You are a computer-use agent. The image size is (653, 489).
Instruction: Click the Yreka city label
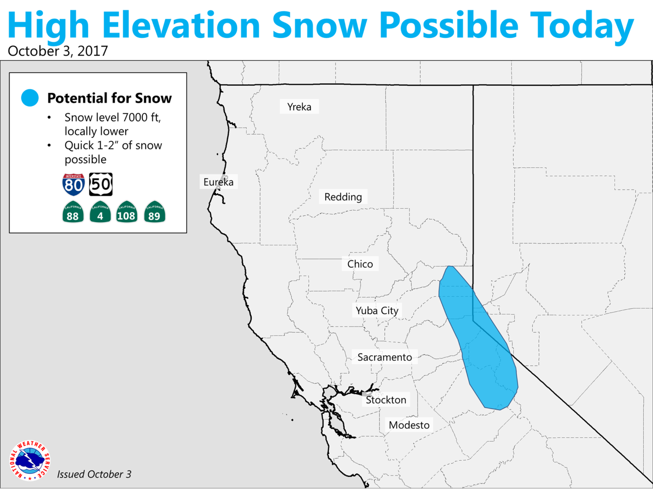(x=299, y=106)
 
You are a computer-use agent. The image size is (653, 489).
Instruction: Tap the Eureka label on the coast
(x=219, y=182)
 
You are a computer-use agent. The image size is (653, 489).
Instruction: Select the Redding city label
(x=343, y=196)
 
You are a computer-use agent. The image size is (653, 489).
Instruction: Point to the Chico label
(x=360, y=264)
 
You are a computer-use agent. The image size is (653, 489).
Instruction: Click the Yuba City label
(x=377, y=310)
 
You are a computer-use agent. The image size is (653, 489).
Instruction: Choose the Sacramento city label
(x=385, y=357)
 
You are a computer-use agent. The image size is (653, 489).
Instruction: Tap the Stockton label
(x=386, y=399)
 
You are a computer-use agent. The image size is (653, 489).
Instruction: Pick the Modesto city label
(x=409, y=425)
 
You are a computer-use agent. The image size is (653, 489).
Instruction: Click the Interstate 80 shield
(x=74, y=185)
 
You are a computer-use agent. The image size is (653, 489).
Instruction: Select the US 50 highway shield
(x=101, y=184)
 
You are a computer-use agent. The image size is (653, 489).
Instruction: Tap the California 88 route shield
(x=73, y=212)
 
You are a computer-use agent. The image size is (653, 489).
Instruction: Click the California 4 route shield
(x=100, y=212)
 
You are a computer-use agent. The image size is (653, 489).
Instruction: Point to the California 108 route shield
(x=127, y=212)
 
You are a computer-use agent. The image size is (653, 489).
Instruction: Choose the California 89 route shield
(x=155, y=212)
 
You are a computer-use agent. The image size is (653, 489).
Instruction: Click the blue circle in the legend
(x=30, y=98)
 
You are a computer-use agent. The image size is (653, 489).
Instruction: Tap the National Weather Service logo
(x=30, y=460)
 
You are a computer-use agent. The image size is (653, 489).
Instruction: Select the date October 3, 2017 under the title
(x=58, y=51)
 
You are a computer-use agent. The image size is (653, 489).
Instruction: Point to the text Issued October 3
(x=94, y=474)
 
